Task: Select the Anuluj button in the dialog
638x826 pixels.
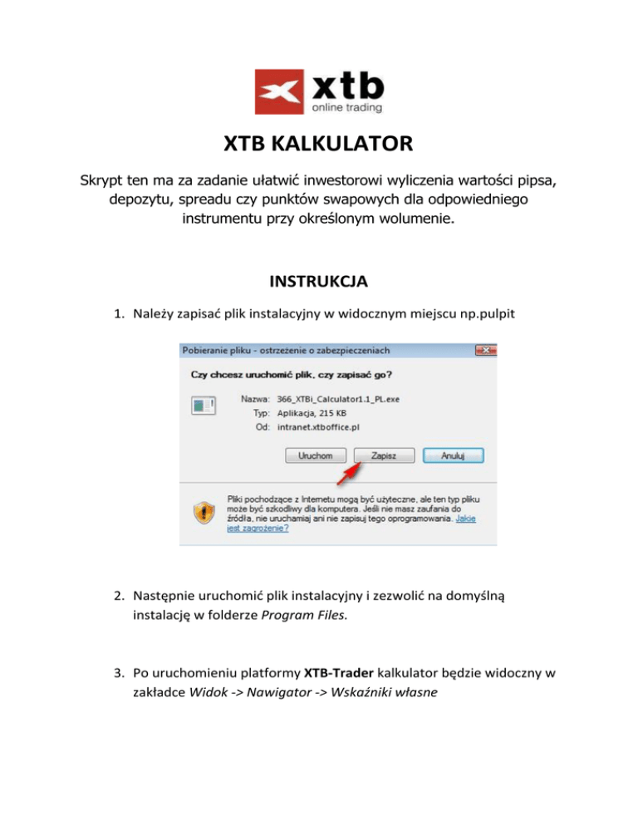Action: (453, 455)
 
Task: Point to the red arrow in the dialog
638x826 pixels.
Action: (349, 472)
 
